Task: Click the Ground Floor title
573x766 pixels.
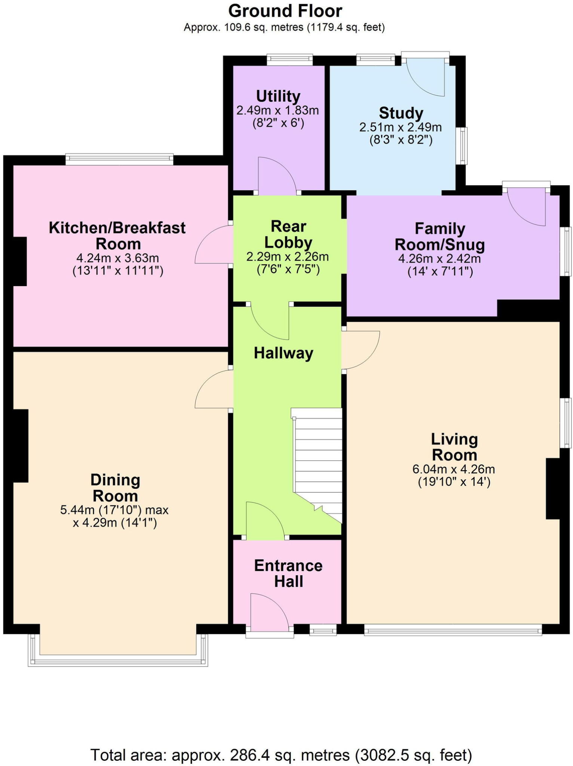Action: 285,11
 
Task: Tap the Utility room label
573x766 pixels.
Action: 278,96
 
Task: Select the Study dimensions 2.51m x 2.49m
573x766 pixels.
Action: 401,128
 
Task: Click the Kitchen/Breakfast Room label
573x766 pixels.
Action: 117,236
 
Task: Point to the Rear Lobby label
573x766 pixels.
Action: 288,235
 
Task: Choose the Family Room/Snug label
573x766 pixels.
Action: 440,236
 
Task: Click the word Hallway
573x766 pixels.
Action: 284,353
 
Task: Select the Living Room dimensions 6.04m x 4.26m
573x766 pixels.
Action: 454,469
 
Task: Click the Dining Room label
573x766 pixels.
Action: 115,488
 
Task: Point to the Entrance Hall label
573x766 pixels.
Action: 288,573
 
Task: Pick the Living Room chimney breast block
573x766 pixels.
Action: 553,488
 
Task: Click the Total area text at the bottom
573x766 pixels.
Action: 281,755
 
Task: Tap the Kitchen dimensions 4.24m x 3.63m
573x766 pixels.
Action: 117,258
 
